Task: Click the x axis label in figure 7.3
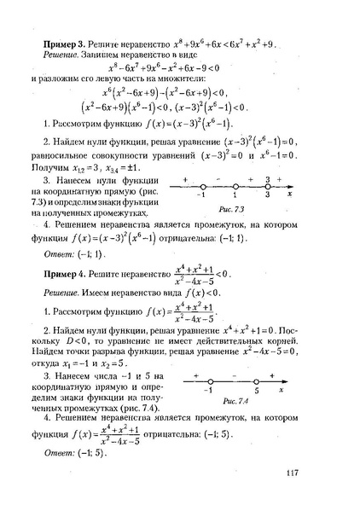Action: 291,195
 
